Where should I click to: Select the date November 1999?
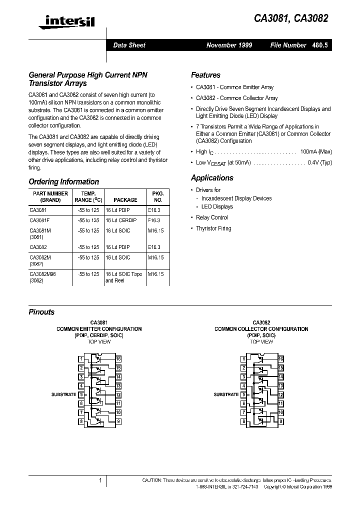click(229, 45)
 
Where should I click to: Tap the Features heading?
click(205, 75)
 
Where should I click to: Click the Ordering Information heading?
click(63, 181)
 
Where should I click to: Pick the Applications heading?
click(212, 177)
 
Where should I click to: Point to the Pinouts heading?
click(41, 312)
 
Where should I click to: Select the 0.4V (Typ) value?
click(319, 162)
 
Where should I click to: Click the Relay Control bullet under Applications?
click(212, 217)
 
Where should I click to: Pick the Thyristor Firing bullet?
click(213, 228)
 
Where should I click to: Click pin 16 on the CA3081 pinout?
click(118, 359)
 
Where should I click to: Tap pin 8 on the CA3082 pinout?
click(243, 421)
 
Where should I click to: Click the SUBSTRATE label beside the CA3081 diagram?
click(63, 394)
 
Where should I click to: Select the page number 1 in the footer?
click(100, 480)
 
